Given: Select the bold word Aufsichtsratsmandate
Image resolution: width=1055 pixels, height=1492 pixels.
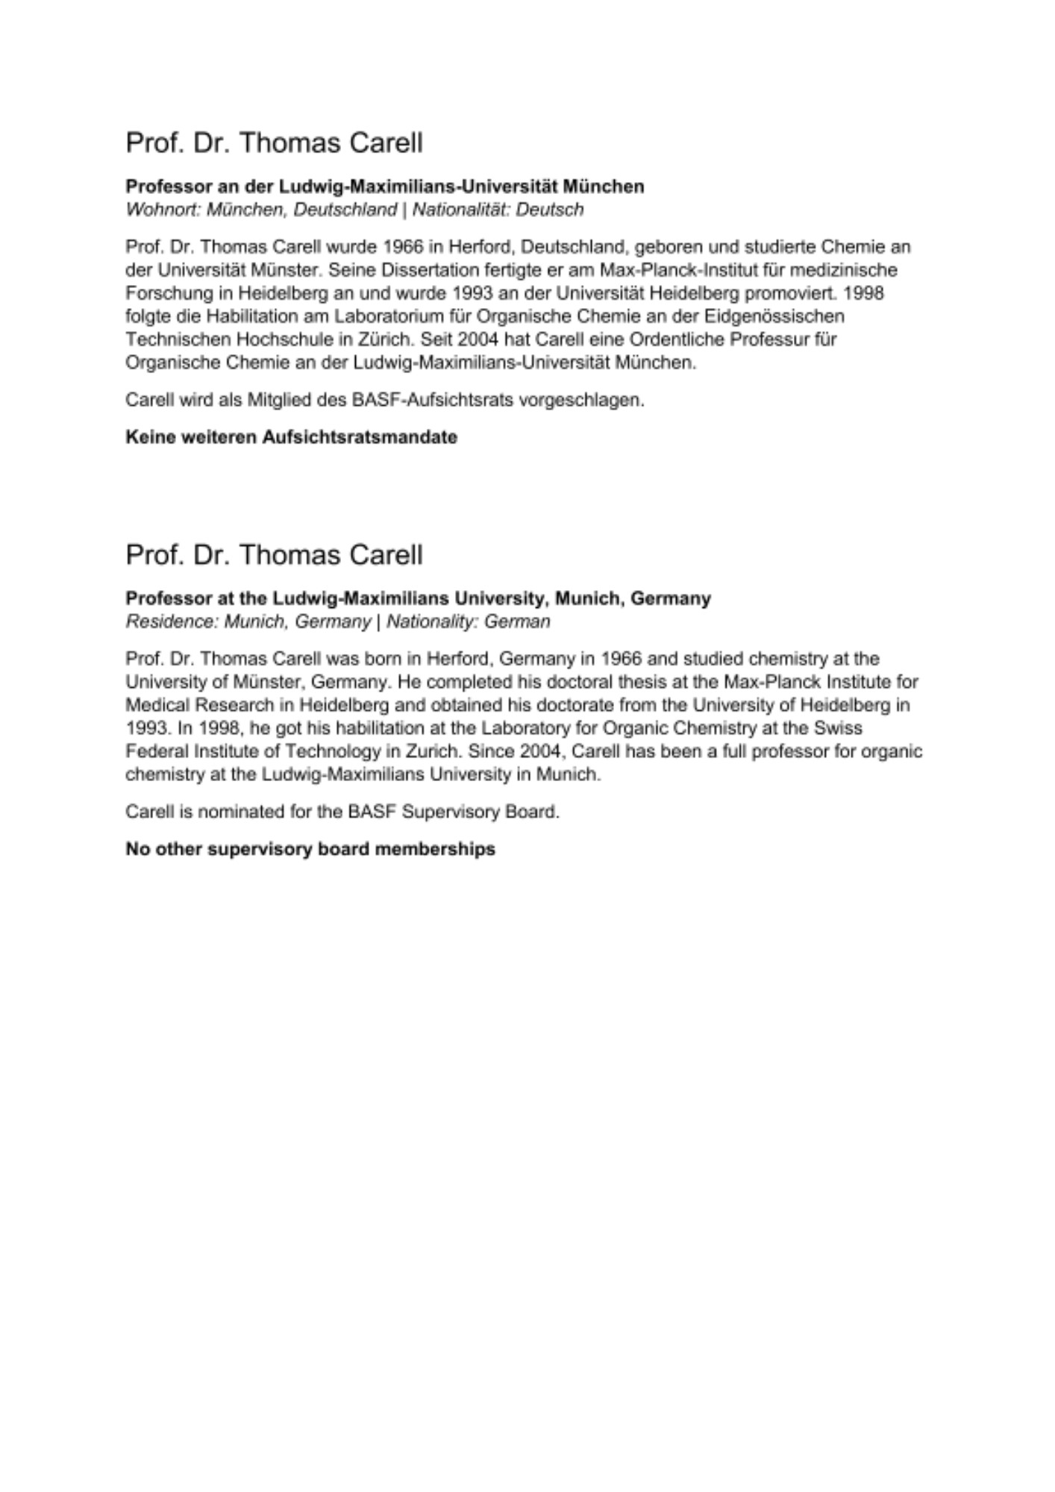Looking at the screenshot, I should (359, 437).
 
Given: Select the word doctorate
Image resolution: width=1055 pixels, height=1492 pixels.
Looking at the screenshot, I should (586, 705).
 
